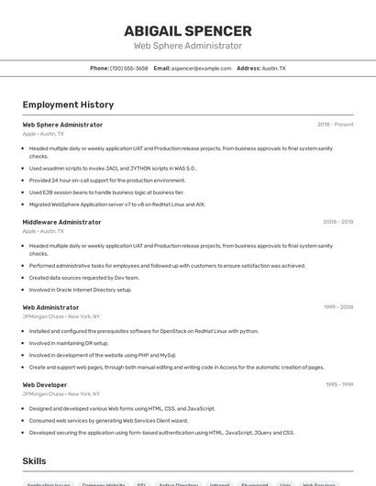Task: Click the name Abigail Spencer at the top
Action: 188,30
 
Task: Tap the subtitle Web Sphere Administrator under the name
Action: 188,46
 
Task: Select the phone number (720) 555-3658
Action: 128,68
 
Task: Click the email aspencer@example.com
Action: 201,68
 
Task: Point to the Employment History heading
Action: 68,105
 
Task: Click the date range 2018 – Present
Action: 335,124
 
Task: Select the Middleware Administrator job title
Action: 61,222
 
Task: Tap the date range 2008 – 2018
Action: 337,222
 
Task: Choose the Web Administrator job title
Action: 50,307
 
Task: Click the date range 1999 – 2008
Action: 337,307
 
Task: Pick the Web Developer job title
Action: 45,384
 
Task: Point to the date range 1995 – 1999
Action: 338,384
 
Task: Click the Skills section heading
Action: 34,460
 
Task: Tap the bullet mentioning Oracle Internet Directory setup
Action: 81,289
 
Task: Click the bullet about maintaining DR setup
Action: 69,343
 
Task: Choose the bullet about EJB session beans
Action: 106,192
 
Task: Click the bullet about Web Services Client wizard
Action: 108,420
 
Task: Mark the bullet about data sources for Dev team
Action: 84,277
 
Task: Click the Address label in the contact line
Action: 248,68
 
